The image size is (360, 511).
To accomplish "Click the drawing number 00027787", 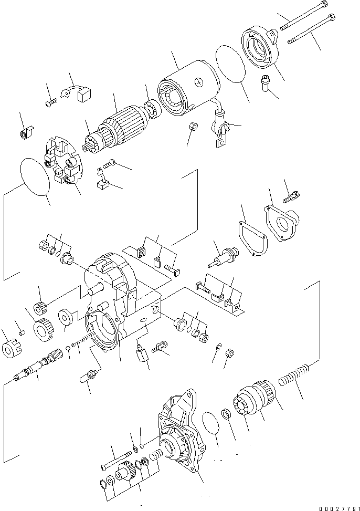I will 332,503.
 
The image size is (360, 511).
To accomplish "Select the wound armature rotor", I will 118,130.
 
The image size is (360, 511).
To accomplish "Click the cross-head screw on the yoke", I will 198,82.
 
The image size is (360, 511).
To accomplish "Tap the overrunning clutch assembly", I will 256,401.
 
